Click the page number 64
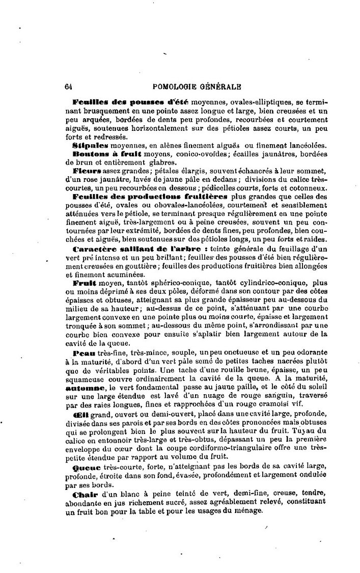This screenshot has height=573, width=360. click(69, 87)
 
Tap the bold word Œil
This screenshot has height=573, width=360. click(80, 415)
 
